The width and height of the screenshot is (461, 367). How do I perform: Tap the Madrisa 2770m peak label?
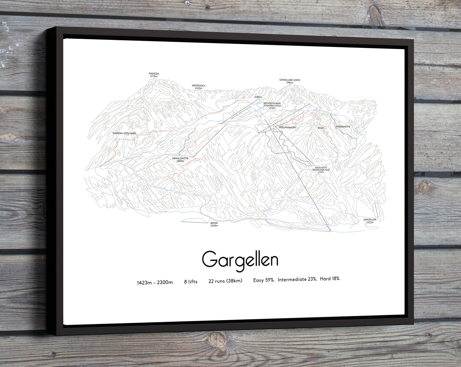click(153, 75)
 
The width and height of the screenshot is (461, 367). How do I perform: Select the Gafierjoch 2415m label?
click(198, 87)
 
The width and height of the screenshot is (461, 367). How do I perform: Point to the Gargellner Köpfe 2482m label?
click(290, 81)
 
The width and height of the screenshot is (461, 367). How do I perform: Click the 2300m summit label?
click(258, 97)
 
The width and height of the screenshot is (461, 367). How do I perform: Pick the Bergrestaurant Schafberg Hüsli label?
click(272, 106)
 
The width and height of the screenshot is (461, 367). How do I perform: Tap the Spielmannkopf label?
click(286, 127)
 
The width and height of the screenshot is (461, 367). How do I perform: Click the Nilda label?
click(321, 128)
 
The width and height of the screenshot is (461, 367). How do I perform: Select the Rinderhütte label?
click(343, 127)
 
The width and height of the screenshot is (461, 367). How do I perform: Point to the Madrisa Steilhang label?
click(124, 133)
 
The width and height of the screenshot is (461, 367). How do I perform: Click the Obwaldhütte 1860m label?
click(180, 160)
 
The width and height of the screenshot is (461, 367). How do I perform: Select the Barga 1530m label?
click(214, 224)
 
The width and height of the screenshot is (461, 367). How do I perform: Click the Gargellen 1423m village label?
click(370, 221)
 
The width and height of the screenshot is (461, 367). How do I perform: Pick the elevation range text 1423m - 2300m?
click(155, 282)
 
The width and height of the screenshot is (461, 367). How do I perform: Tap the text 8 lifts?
click(191, 282)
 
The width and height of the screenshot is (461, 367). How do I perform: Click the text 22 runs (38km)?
click(225, 281)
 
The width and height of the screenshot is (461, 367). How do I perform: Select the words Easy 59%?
click(264, 280)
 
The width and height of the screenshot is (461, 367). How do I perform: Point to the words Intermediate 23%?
click(297, 280)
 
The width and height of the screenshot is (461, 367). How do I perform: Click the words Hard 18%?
click(330, 279)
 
